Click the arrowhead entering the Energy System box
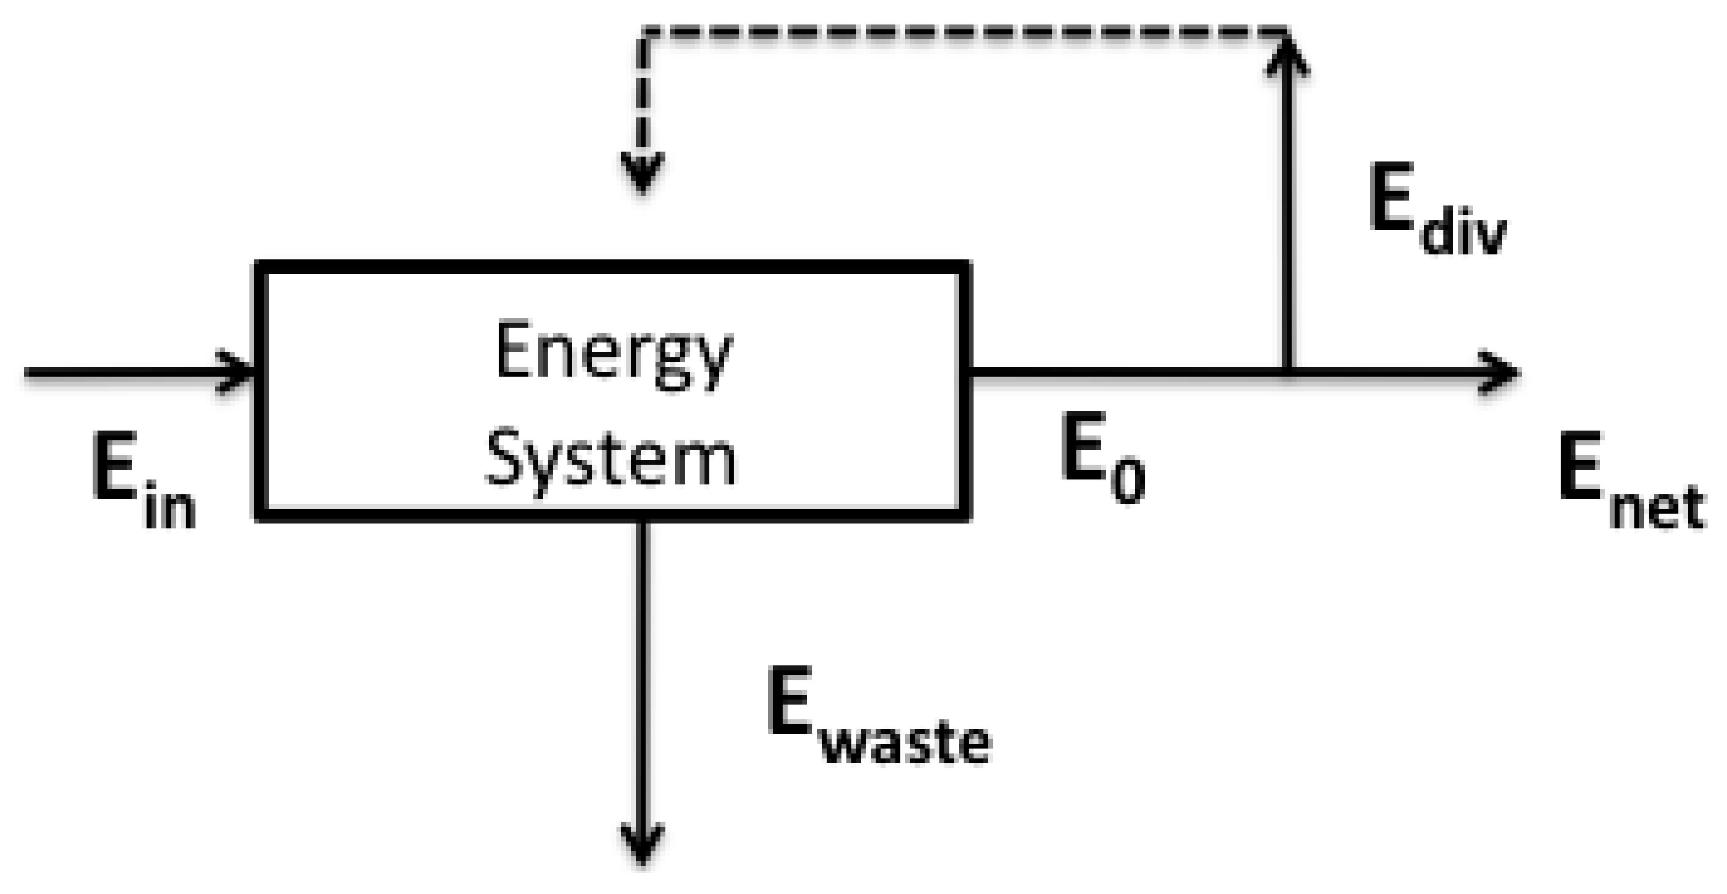tap(238, 371)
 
